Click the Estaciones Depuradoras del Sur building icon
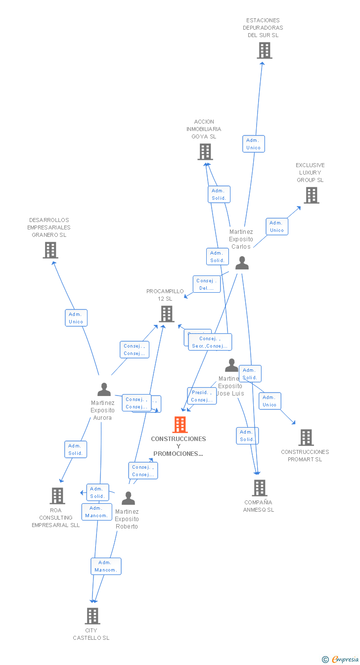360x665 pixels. (x=265, y=50)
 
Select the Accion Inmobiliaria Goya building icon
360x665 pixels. (x=205, y=152)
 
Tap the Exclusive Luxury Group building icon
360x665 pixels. (x=311, y=195)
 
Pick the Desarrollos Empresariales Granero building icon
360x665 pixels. (x=50, y=250)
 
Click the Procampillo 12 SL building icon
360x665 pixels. (x=167, y=313)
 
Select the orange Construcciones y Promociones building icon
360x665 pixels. (x=180, y=424)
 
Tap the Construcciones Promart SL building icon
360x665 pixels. (x=306, y=438)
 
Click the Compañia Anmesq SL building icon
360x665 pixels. (x=259, y=488)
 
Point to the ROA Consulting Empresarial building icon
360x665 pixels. (x=57, y=495)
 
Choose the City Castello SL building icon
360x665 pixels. (x=92, y=616)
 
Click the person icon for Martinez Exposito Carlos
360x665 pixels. (x=242, y=263)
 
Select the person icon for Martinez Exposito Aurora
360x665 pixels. (x=104, y=390)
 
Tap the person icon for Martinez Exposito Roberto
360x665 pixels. (x=128, y=498)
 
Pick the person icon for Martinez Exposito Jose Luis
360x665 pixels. (x=231, y=365)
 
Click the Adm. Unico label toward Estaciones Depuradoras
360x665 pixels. (x=254, y=144)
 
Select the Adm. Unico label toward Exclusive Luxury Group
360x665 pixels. (x=277, y=226)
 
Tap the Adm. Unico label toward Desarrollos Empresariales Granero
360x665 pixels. (x=76, y=318)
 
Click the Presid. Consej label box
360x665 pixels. (x=202, y=396)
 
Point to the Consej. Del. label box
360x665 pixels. (x=206, y=284)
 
